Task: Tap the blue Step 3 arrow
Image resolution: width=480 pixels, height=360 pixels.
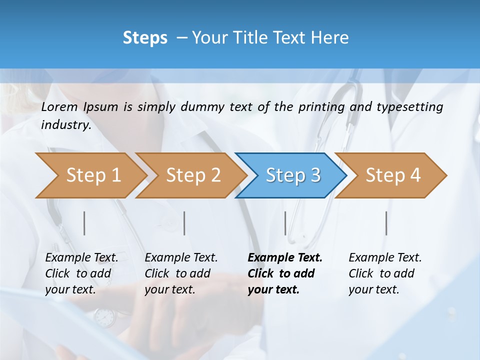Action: point(292,175)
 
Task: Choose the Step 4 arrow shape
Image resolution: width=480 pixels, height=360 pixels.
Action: point(392,175)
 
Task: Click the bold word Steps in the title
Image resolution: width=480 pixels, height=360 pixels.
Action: point(145,38)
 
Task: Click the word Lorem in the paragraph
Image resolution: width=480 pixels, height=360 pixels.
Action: point(59,107)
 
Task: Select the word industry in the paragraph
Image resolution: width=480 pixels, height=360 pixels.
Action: point(65,125)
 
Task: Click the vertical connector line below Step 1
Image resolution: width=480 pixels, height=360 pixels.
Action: point(84,223)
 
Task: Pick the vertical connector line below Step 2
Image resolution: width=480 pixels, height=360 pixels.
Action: point(184,223)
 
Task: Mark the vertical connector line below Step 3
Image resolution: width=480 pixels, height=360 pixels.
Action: point(285,223)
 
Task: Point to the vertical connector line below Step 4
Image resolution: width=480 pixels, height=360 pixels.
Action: point(386,223)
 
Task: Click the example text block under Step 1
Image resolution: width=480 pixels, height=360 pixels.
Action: point(81,273)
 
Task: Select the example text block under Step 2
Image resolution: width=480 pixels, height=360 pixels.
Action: point(181,273)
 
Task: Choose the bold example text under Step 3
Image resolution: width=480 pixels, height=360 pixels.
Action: point(285,273)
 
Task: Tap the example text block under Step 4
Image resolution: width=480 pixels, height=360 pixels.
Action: point(385,273)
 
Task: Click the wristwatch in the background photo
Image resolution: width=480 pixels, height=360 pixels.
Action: point(104,317)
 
